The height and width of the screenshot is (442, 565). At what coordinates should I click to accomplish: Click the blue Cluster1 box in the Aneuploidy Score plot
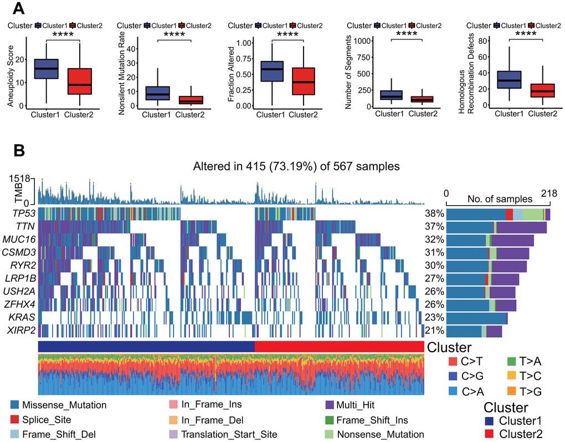point(47,69)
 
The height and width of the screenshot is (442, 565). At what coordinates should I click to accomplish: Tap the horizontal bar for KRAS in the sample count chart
point(476,318)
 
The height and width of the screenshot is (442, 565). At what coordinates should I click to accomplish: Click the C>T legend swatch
point(451,362)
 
